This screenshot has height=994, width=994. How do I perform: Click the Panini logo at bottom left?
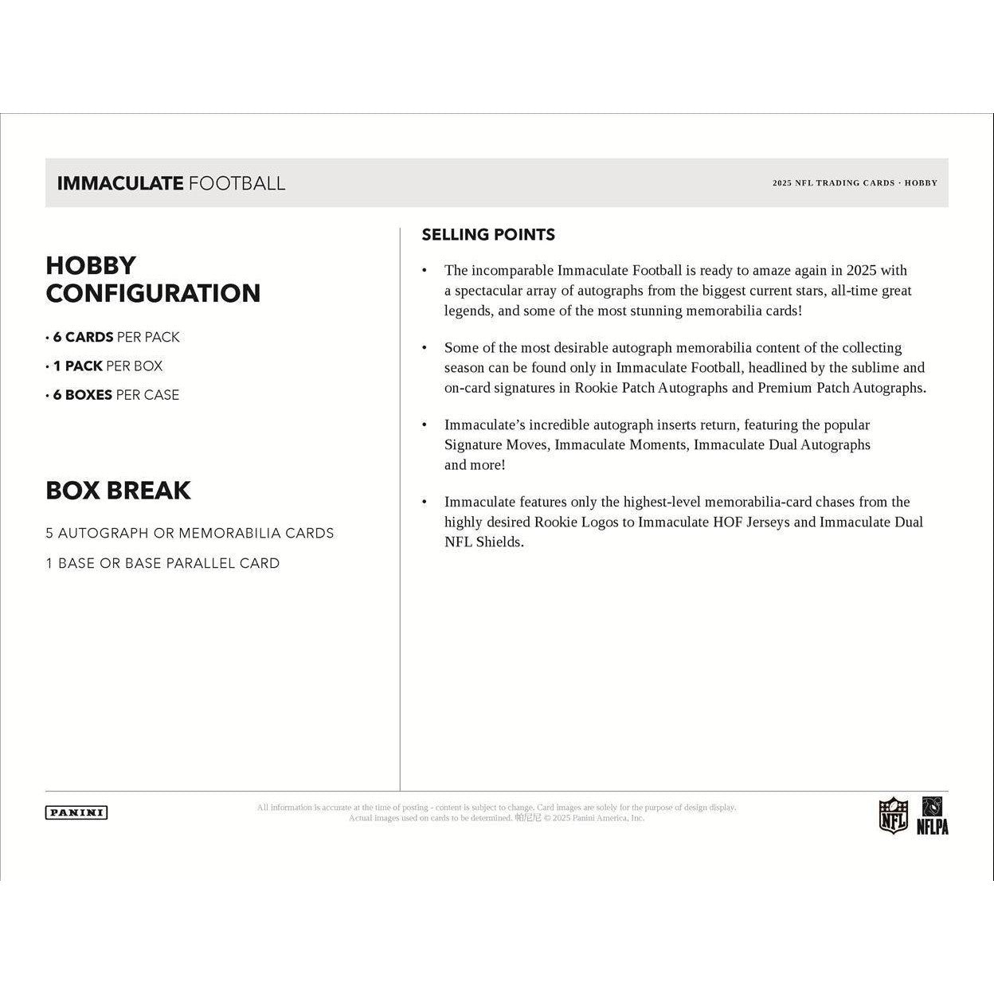(x=76, y=812)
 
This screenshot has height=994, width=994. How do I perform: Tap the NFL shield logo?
(x=893, y=816)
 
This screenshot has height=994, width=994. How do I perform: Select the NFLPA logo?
(x=933, y=816)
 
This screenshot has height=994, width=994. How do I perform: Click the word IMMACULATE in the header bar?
(x=120, y=183)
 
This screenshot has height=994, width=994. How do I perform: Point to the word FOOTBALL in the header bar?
(x=237, y=183)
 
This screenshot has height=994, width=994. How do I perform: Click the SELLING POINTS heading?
(x=488, y=234)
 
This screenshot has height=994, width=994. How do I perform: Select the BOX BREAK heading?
(x=118, y=490)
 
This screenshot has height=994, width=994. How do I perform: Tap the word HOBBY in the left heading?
(x=91, y=265)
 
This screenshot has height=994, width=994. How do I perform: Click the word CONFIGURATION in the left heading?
(x=153, y=293)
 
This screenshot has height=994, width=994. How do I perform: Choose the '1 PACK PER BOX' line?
(x=107, y=366)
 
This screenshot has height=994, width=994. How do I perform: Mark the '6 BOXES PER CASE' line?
(x=115, y=395)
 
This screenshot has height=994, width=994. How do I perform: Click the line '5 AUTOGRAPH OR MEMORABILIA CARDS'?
(x=190, y=533)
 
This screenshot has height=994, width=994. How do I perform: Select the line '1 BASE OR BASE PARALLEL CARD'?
(x=162, y=563)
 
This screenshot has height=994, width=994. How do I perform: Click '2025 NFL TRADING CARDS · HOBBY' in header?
(x=855, y=183)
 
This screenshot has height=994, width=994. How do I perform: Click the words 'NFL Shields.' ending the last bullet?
(x=483, y=542)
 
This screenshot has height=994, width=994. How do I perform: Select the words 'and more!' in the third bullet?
(x=475, y=465)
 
